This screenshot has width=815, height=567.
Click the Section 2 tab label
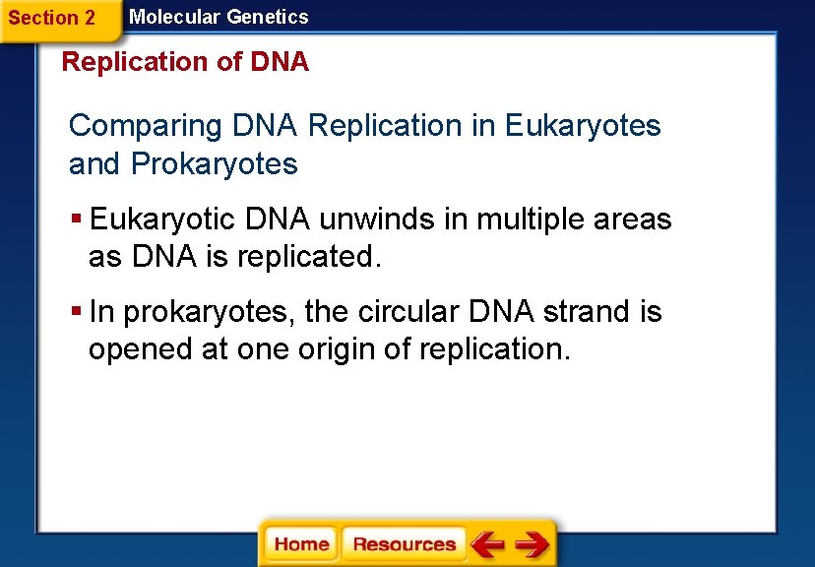click(51, 18)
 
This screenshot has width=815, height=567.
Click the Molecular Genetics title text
click(219, 17)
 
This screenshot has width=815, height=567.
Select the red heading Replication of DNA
click(185, 62)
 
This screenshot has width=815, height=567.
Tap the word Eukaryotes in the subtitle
click(583, 126)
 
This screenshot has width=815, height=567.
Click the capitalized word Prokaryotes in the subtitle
click(214, 164)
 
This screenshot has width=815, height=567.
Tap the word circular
click(406, 313)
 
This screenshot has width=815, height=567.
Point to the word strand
click(585, 313)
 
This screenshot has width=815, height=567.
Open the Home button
click(301, 544)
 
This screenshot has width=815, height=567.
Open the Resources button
click(404, 544)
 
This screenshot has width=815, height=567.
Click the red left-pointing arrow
click(487, 544)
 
